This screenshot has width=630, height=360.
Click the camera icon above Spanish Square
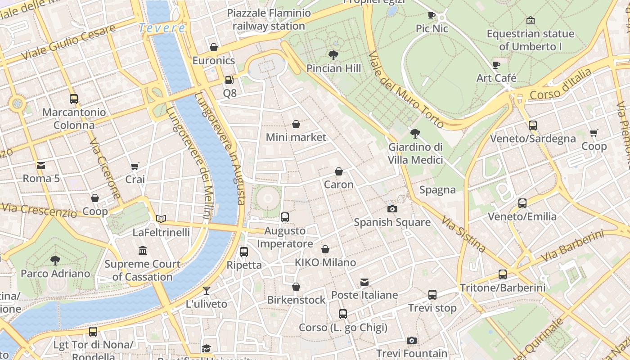[x=392, y=209]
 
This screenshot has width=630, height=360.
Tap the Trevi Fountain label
[x=412, y=353]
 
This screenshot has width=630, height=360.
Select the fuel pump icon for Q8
[x=229, y=80]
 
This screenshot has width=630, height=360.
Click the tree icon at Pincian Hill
[x=333, y=55]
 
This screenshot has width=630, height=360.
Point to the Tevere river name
[x=162, y=28]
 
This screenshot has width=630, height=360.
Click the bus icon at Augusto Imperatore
[x=285, y=217]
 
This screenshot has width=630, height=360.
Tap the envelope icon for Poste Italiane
[x=364, y=282]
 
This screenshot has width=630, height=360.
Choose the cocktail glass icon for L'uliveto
[x=207, y=291]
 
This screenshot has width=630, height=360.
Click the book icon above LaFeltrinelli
[x=161, y=219]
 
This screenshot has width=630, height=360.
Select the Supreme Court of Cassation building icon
[x=143, y=250]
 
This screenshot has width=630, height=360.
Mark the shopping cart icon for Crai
[x=135, y=166]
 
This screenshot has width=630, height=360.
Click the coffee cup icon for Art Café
[x=496, y=65]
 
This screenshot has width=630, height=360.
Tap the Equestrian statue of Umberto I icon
[x=531, y=20]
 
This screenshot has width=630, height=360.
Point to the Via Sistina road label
[x=463, y=234]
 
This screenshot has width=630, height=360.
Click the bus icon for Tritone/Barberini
[x=503, y=274]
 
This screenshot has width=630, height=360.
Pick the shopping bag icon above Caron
[x=339, y=171]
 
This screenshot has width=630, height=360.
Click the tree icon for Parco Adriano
[x=55, y=260]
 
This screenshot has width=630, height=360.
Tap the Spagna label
[x=437, y=190]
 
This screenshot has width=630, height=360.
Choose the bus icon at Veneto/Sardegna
[x=533, y=125]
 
